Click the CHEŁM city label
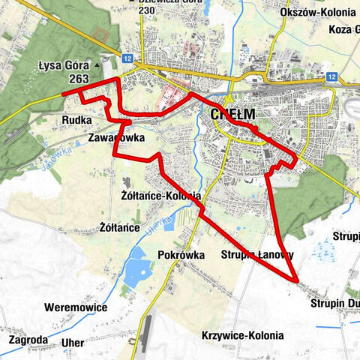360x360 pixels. [233, 115]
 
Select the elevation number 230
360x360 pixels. [147, 10]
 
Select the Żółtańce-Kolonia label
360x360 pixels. [159, 195]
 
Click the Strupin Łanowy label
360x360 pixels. [257, 255]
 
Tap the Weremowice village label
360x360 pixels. [76, 307]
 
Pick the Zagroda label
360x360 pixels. [28, 339]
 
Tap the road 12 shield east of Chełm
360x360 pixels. [331, 76]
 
